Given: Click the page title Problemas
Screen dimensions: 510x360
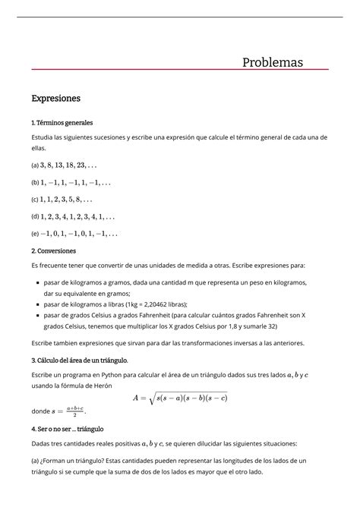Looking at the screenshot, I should [273, 61].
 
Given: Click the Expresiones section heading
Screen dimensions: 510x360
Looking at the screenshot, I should [55, 98].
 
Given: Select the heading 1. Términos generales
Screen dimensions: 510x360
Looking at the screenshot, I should [62, 122].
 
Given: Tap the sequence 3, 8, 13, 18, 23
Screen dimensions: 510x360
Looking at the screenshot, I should [69, 164].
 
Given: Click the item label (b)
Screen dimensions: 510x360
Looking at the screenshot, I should [35, 182].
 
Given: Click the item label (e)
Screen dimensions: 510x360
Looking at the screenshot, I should [35, 234].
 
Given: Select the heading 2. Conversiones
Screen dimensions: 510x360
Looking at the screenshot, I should [58, 250].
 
